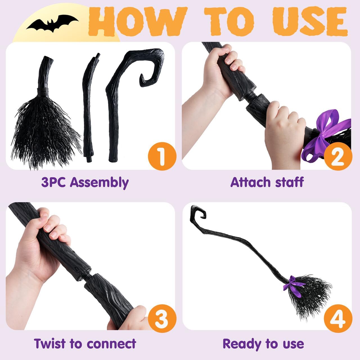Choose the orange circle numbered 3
[162, 319]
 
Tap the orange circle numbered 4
[338, 319]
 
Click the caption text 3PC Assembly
[85, 182]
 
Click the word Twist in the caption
[50, 344]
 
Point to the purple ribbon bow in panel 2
[328, 132]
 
